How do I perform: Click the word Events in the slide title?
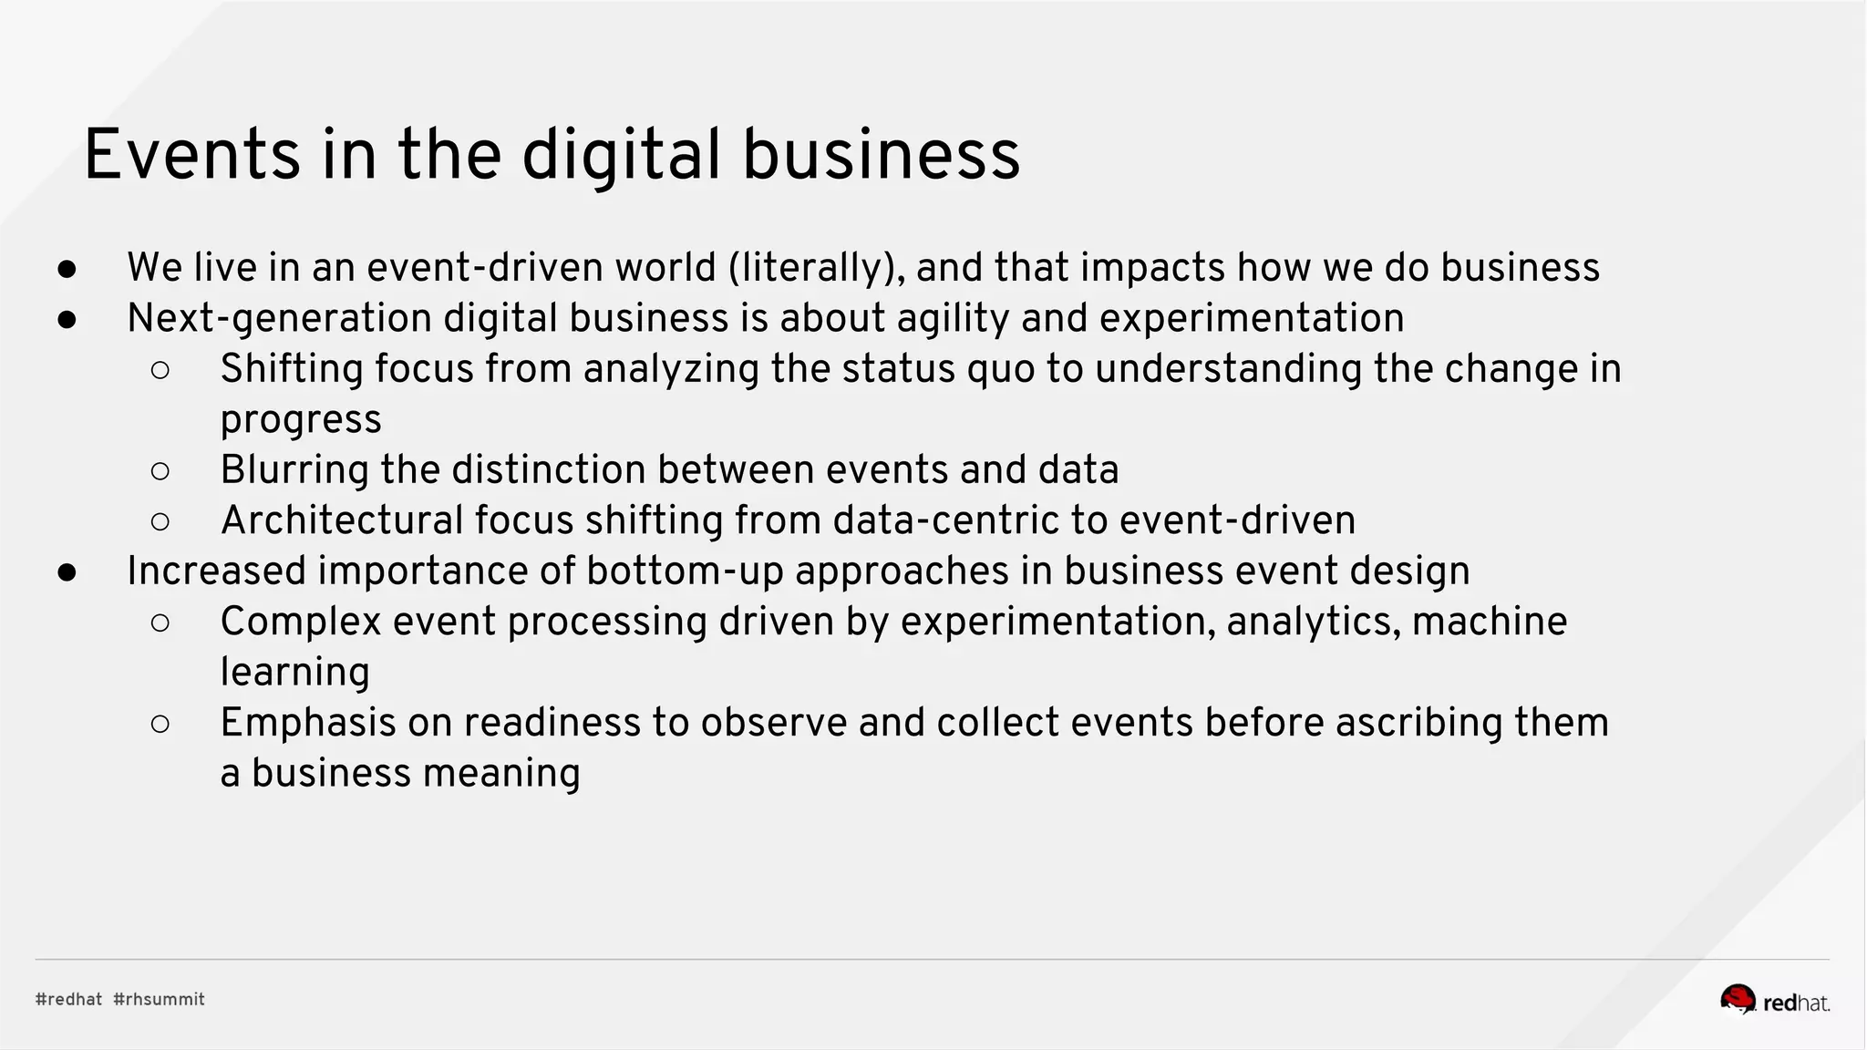click(191, 155)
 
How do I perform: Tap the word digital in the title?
click(621, 155)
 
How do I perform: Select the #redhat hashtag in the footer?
click(68, 999)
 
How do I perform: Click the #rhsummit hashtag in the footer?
click(159, 999)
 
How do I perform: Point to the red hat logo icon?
click(1738, 999)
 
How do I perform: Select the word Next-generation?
click(279, 318)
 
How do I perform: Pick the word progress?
click(301, 419)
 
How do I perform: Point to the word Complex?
click(301, 622)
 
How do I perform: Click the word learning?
click(294, 673)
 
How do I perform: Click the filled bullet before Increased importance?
click(67, 572)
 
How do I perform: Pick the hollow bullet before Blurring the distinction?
click(160, 471)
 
